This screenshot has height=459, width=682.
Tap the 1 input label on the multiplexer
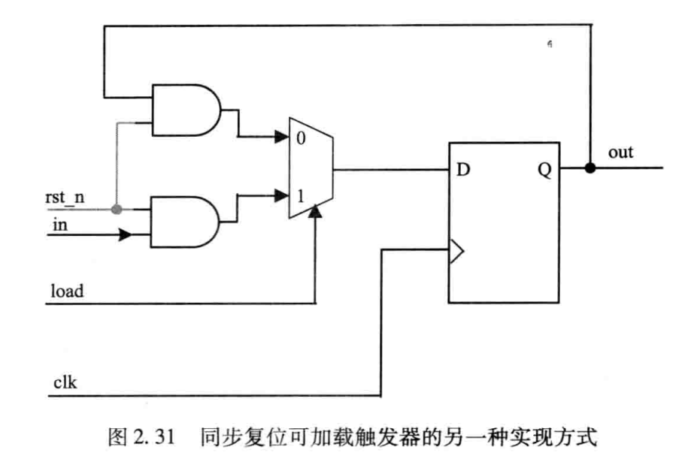(x=299, y=197)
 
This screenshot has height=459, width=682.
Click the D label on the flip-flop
(x=463, y=170)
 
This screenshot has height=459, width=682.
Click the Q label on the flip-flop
(x=544, y=170)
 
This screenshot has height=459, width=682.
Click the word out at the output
(x=620, y=152)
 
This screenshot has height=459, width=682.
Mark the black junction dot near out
(x=590, y=168)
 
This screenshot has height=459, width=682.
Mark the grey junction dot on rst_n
(x=116, y=208)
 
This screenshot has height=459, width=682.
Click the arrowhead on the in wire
(x=126, y=235)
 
